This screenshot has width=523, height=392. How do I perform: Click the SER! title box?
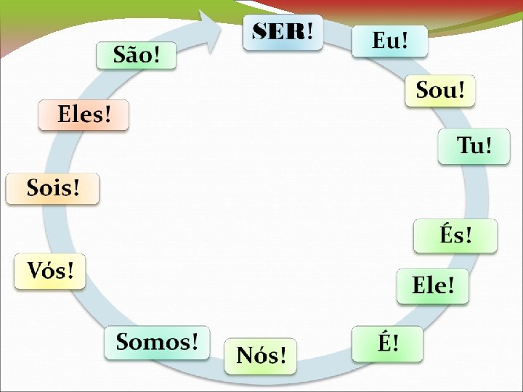(x=283, y=33)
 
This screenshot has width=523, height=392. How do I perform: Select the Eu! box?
(x=389, y=41)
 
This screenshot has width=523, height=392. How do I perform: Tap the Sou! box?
(x=440, y=91)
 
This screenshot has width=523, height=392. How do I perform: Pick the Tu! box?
(x=474, y=146)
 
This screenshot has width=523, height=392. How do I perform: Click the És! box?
(x=455, y=236)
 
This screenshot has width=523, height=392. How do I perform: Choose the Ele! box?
(x=433, y=285)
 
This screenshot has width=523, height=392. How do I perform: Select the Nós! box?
(x=261, y=356)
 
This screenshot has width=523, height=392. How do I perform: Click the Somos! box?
(x=157, y=342)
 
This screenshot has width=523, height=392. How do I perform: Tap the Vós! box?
(x=50, y=271)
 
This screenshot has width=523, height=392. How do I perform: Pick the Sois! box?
(x=52, y=189)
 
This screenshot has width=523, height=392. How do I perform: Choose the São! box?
(x=136, y=54)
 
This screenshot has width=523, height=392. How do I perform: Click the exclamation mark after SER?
(x=310, y=31)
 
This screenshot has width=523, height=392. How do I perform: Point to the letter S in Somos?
(x=123, y=342)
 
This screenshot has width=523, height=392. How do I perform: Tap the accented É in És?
(x=447, y=234)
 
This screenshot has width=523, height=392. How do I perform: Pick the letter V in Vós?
(x=35, y=271)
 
